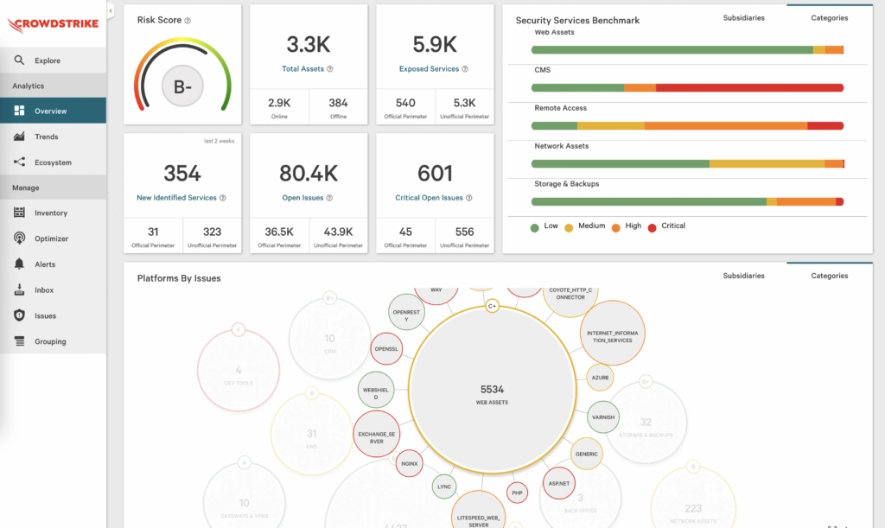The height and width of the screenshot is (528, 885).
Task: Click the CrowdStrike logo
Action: coord(53,23)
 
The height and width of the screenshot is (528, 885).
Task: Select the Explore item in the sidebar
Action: coord(48,60)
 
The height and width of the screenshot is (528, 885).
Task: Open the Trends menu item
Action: coord(47,137)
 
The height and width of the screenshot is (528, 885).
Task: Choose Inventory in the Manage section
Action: coord(50,213)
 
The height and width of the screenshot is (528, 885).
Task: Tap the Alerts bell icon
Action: coord(19,264)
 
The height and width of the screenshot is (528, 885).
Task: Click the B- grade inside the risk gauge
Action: coord(182,86)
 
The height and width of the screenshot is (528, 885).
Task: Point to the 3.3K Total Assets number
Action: coord(308,45)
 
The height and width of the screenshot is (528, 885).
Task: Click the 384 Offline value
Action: coord(338,103)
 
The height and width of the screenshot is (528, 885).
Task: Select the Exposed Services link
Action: coord(429,69)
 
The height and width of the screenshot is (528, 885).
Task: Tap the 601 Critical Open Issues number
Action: coord(435,174)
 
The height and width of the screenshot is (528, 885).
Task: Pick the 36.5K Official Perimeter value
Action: coord(279,232)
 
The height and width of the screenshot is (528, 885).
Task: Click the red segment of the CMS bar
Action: coord(748,88)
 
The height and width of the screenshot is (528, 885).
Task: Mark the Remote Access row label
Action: coord(560,108)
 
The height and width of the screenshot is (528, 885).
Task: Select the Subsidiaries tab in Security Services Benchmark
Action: coord(743,18)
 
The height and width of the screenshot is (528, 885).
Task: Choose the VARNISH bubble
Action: coord(603,417)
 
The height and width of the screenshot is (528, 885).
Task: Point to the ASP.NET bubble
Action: coord(558,483)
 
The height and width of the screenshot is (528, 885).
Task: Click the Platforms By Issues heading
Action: coord(179,278)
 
